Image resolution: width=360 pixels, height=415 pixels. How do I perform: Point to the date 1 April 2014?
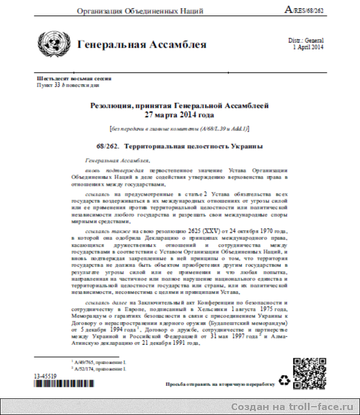pos(308,48)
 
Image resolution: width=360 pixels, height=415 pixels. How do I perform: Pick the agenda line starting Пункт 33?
pos(68,86)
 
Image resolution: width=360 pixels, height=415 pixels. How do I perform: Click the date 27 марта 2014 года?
pos(179,115)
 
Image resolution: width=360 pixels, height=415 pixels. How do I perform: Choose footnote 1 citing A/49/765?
pos(99,361)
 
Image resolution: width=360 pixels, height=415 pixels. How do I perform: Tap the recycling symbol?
pos(284,380)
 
